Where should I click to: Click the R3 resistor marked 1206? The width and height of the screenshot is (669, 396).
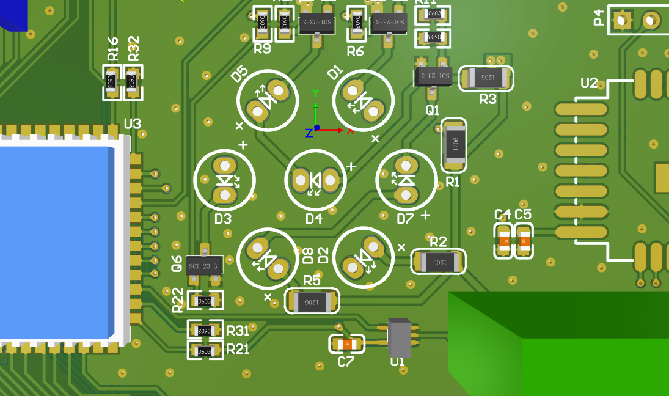[x=486, y=78]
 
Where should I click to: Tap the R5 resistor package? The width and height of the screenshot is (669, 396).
[x=312, y=301]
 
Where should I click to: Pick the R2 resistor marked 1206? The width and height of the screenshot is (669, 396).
[x=439, y=262]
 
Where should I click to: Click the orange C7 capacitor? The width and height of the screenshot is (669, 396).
[x=347, y=345]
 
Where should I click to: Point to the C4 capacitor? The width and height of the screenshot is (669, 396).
[x=503, y=241]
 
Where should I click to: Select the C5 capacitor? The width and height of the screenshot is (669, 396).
[x=524, y=241]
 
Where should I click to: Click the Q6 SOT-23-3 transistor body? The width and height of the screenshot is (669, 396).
[x=204, y=266]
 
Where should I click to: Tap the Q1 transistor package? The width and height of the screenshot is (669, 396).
[x=433, y=76]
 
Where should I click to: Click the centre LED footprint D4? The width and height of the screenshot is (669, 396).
[x=315, y=180]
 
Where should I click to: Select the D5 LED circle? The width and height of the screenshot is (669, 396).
[x=268, y=100]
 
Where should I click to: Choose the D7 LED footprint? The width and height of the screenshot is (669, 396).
[x=406, y=179]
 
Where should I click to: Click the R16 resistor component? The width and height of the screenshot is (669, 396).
[x=111, y=82]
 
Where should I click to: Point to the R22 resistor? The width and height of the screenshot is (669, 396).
[x=203, y=301]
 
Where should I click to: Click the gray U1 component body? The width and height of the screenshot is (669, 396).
[x=399, y=337]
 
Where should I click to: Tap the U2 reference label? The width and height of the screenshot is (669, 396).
[x=589, y=83]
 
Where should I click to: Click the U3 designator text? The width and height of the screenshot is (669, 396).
[x=132, y=124]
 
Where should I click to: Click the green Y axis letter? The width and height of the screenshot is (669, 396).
[x=315, y=93]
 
